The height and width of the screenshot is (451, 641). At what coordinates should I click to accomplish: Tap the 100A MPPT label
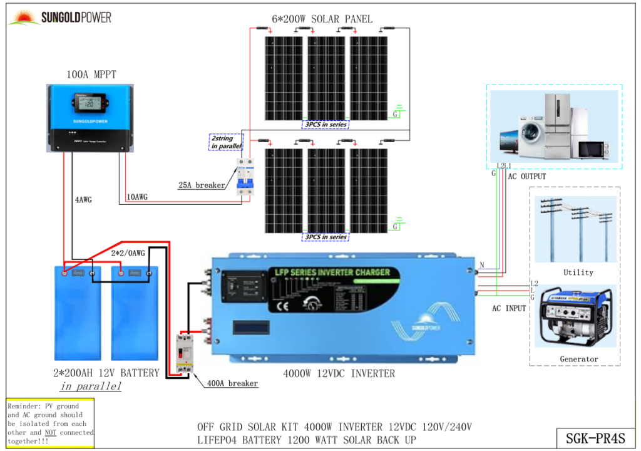91,75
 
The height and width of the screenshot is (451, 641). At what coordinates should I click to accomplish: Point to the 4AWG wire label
83,200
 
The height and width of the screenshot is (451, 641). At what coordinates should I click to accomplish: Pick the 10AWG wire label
137,197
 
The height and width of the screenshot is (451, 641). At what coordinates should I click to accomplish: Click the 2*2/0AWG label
128,253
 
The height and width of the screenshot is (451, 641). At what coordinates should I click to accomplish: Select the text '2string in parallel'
225,142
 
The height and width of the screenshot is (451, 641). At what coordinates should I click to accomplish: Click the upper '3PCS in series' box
326,124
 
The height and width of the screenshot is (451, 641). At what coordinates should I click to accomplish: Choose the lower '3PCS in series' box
326,237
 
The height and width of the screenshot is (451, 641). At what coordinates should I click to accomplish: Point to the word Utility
578,272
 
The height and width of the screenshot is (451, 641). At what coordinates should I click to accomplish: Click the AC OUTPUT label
526,177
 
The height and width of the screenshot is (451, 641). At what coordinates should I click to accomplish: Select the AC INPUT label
509,308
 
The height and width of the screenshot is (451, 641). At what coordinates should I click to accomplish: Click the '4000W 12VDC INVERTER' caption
339,373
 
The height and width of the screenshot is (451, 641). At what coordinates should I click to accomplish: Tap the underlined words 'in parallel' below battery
91,386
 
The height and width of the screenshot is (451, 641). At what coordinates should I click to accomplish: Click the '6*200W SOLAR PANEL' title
322,19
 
